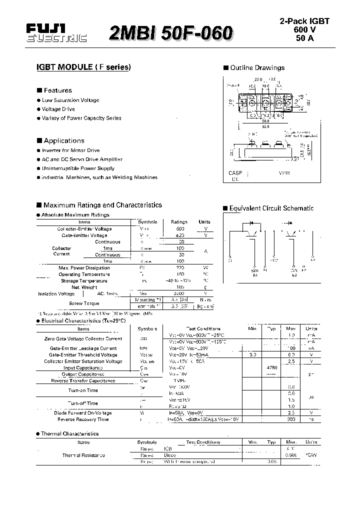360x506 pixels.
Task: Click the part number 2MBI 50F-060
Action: point(170,33)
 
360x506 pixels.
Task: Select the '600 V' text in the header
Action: point(307,29)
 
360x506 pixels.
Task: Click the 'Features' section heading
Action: point(57,90)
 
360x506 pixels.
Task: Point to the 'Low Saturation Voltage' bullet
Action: point(70,100)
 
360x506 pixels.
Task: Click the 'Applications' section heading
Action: point(63,141)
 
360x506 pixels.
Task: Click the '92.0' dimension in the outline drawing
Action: point(264,126)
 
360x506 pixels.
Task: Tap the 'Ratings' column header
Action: point(179,222)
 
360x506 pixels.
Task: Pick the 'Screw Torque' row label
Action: point(84,303)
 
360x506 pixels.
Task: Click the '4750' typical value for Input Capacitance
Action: point(272,367)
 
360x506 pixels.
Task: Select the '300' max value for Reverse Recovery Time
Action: point(291,419)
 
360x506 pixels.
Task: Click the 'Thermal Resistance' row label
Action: point(83,455)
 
